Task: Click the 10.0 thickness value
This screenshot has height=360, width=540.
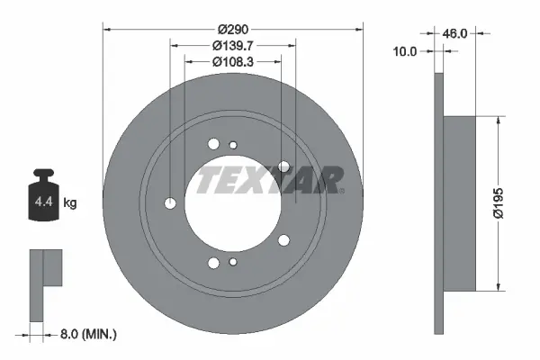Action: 407,52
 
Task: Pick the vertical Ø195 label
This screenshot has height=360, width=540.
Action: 509,203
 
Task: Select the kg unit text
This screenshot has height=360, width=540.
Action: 70,203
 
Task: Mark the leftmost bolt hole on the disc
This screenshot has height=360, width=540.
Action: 171,203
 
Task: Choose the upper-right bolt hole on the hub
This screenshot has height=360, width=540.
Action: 284,166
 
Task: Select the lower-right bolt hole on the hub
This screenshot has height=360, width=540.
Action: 284,239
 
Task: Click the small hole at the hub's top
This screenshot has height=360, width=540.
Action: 233,145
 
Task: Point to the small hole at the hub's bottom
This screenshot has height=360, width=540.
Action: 233,262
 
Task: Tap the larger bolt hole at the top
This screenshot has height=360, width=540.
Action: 213,144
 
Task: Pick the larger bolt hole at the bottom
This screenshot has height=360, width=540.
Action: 213,263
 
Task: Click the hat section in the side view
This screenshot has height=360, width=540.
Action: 459,203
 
